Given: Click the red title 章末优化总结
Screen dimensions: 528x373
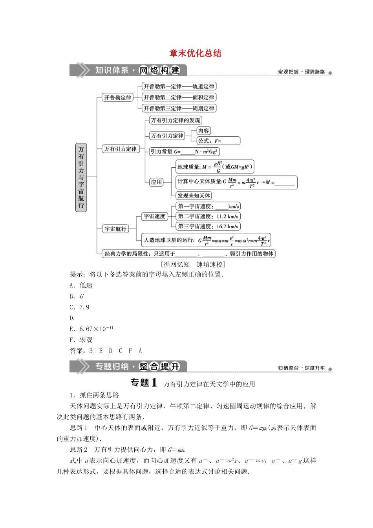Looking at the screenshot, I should click(195, 53).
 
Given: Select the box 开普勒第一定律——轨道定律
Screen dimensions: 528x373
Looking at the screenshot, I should click(179, 86).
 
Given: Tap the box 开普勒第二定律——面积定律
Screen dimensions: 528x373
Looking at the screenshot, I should click(179, 97).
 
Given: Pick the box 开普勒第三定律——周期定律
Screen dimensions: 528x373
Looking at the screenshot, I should click(179, 108).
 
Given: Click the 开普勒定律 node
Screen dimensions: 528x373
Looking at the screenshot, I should click(118, 97).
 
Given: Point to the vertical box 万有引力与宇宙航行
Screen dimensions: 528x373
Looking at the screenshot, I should click(81, 177).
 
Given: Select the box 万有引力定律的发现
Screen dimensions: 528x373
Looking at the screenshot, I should click(176, 120).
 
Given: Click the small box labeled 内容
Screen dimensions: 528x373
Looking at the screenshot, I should click(204, 131).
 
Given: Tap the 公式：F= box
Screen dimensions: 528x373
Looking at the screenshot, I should click(218, 141).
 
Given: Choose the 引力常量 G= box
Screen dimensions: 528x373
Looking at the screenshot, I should click(184, 152).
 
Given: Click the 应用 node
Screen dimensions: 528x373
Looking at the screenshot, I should click(156, 182).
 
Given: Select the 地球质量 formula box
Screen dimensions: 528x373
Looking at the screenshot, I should click(214, 167).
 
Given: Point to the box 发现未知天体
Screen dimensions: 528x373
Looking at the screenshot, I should click(194, 196).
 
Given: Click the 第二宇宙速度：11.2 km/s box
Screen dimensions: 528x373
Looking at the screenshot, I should click(208, 216).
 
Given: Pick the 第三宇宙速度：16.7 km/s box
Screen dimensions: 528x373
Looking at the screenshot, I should click(208, 226).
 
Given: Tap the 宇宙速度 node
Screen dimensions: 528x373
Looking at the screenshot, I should click(155, 216).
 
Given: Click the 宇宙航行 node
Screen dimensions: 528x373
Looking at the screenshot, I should click(115, 229).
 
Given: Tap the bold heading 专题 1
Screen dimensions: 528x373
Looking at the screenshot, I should click(144, 383).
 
